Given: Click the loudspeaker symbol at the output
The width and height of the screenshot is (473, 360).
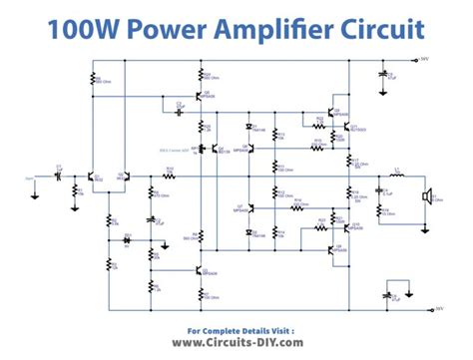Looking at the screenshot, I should point(427,196).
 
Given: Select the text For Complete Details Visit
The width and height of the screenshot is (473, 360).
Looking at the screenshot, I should point(236,327).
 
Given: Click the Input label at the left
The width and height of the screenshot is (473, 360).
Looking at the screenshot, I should point(30,180).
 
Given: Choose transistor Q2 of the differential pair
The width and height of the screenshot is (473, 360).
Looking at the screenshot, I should point(121,178).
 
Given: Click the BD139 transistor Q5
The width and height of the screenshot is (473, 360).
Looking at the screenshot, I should point(214,149).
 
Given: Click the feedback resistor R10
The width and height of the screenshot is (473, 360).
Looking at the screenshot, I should point(170,175).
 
